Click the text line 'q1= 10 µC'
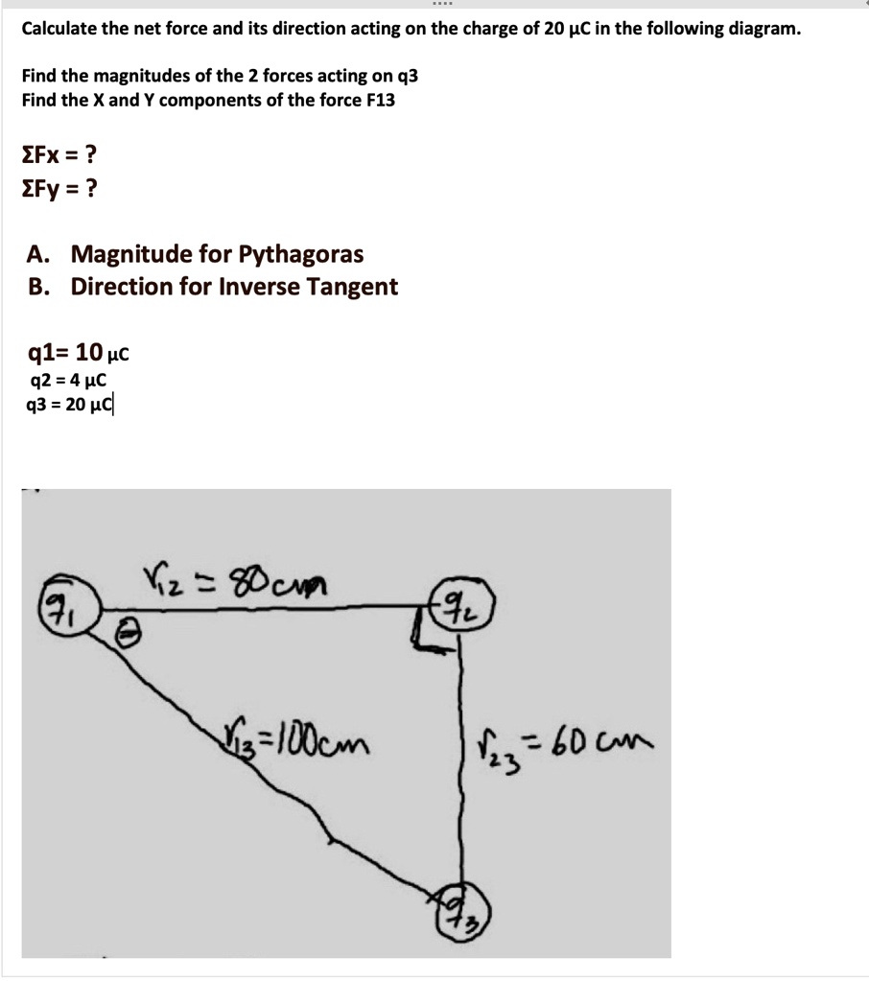77,354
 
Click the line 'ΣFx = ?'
59,154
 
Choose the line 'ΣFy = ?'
59,189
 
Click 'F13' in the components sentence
375,100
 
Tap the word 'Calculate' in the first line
60,28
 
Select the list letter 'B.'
39,287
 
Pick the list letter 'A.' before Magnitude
39,255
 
